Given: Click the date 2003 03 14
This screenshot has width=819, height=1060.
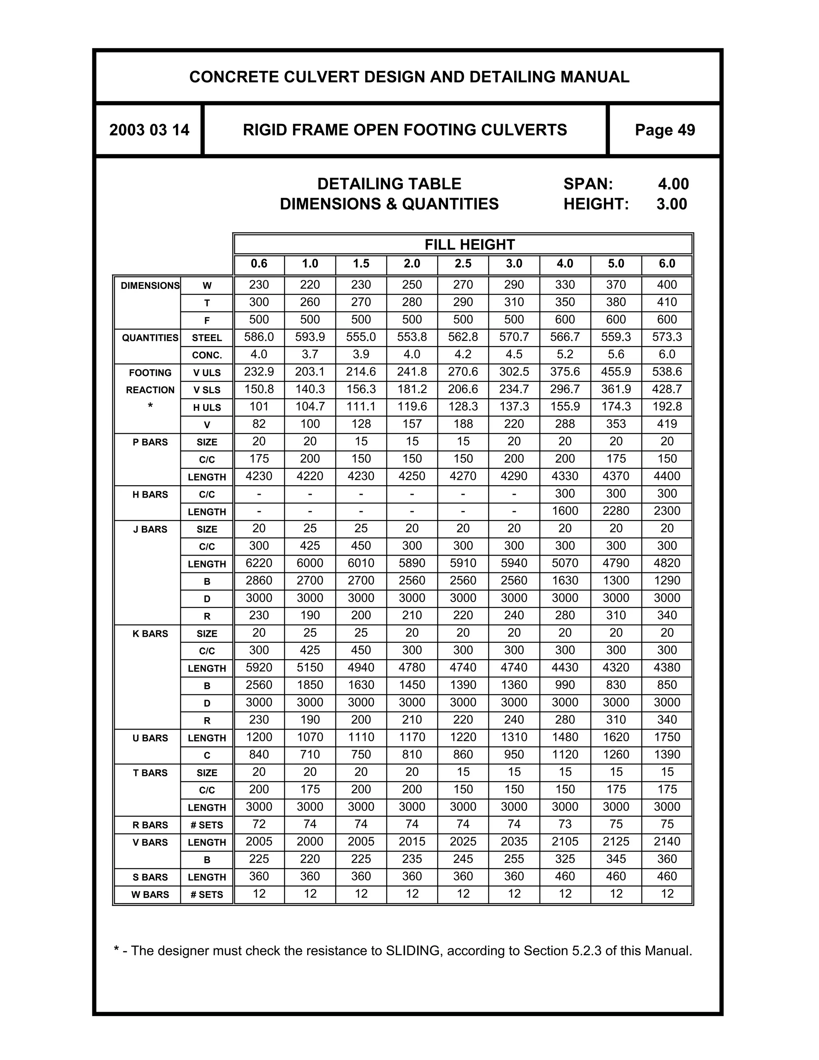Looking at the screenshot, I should point(149,130).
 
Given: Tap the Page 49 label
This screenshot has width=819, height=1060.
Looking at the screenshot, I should point(665,130).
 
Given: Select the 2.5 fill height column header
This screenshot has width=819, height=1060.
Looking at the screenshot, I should point(463,264).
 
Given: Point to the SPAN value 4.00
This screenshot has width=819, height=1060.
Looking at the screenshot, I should point(673,184).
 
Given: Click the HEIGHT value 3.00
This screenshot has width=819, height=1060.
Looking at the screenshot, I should point(671,204).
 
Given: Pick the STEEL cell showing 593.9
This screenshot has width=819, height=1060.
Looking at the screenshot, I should point(310,337).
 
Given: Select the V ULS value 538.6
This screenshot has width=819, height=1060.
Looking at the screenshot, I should point(667,372).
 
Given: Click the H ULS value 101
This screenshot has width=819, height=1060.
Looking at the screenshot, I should point(259,407).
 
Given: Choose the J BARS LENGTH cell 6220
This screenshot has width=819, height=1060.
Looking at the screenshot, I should point(259,563).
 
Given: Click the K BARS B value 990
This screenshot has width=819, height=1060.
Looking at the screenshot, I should point(565,685).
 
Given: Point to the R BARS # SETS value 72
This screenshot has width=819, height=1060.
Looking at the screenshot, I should point(259,824).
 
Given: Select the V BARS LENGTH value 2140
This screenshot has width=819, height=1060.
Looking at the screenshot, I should point(667,842).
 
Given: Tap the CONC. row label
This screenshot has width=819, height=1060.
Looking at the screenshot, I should point(207,355).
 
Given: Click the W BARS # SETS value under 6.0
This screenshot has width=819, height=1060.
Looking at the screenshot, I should point(667,894).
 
